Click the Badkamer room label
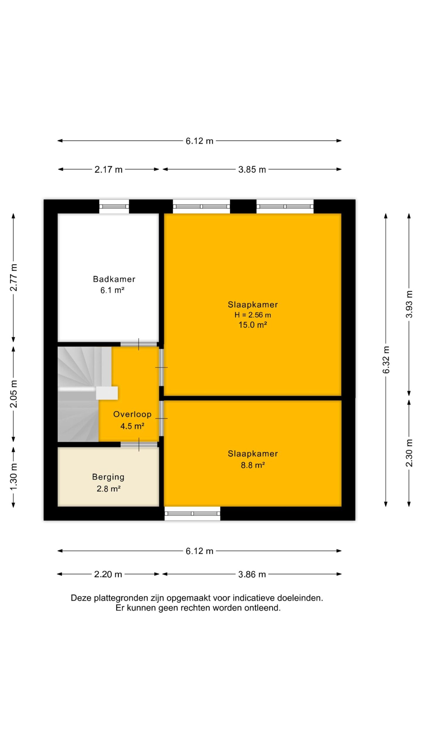pyautogui.click(x=114, y=279)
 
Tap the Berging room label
pyautogui.click(x=108, y=477)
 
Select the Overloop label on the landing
pyautogui.click(x=132, y=414)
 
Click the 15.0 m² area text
pyautogui.click(x=253, y=325)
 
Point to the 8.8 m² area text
pyautogui.click(x=253, y=465)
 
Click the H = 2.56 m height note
pyautogui.click(x=253, y=315)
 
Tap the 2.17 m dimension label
pyautogui.click(x=108, y=169)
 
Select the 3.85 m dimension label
pyautogui.click(x=252, y=169)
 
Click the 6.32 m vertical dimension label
pyautogui.click(x=386, y=359)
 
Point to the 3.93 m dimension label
pyautogui.click(x=409, y=304)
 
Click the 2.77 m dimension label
pyautogui.click(x=13, y=277)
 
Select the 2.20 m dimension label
pyautogui.click(x=108, y=574)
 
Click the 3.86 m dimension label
pyautogui.click(x=252, y=574)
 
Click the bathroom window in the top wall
pyautogui.click(x=114, y=206)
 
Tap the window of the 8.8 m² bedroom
pyautogui.click(x=192, y=513)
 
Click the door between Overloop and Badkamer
pyautogui.click(x=139, y=344)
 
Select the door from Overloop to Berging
pyautogui.click(x=139, y=444)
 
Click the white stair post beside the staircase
pyautogui.click(x=107, y=393)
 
